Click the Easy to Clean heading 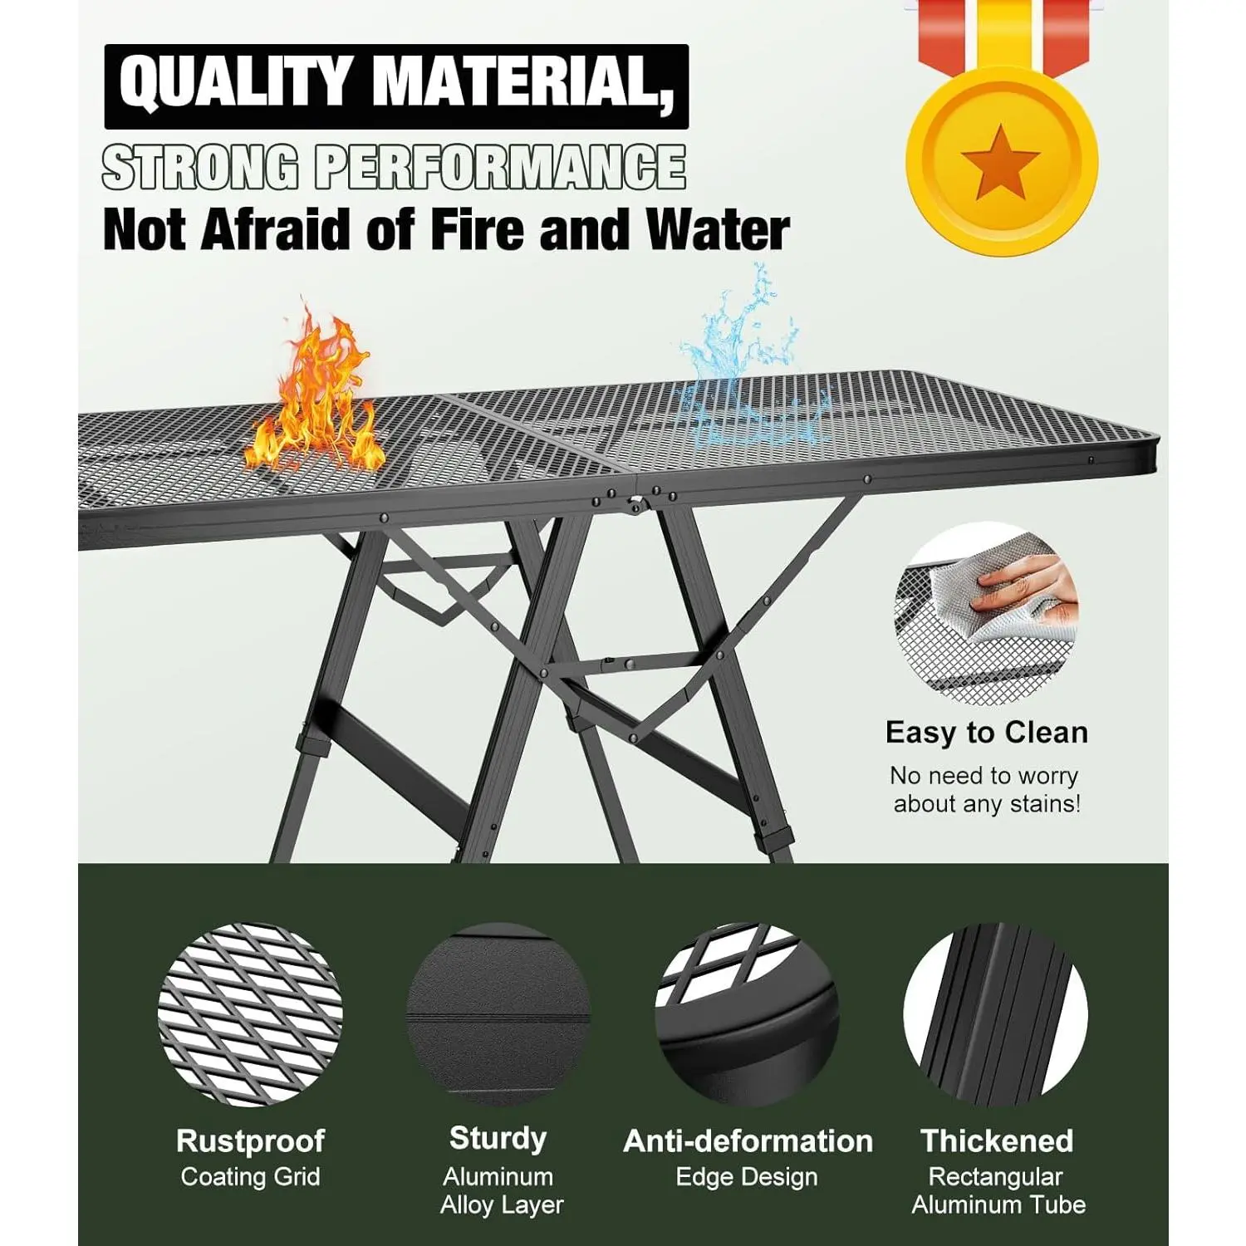coord(986,733)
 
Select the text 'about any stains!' coord(987,803)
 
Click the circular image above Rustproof coord(249,1014)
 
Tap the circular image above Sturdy coord(498,1014)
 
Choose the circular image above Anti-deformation coord(747,1014)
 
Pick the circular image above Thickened coord(995,1014)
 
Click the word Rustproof coord(250,1141)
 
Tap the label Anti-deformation coord(748,1141)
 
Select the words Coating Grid coord(250,1176)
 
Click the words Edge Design coord(747,1177)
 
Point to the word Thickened coord(997,1141)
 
